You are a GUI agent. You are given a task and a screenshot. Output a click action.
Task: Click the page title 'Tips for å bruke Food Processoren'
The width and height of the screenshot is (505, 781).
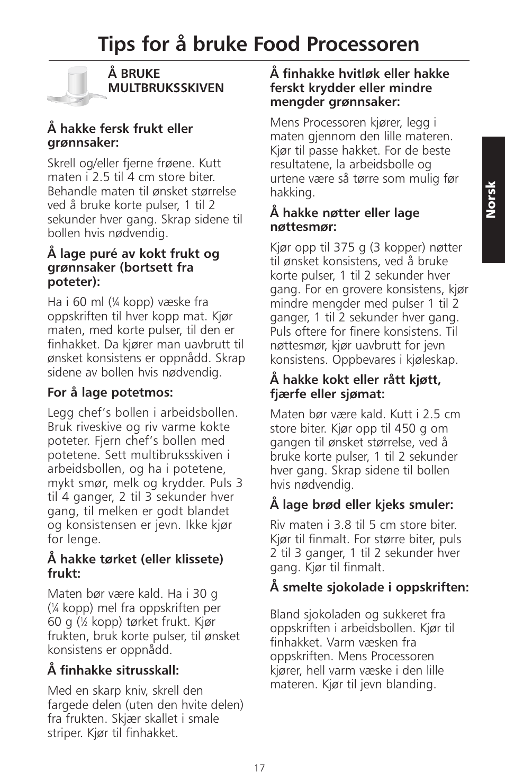click(x=258, y=44)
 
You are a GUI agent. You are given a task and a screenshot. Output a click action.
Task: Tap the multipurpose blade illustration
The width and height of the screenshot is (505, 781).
click(x=75, y=85)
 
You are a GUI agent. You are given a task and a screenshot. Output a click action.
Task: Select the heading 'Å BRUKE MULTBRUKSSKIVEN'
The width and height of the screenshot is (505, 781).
click(x=166, y=80)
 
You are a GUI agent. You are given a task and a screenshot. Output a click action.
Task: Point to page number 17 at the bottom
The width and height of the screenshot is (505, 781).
click(x=259, y=768)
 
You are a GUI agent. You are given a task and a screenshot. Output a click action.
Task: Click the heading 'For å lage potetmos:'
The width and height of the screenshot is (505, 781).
click(x=111, y=392)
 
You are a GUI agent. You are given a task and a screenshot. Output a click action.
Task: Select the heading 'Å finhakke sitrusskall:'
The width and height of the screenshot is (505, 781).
click(x=113, y=670)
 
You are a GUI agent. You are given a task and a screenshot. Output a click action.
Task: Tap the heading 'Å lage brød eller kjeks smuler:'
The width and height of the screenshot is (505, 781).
click(x=362, y=505)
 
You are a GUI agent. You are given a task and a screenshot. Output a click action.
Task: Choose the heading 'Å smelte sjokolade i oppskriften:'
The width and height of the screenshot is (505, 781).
click(x=369, y=587)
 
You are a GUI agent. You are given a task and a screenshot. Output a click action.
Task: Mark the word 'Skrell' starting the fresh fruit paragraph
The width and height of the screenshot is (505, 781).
click(x=62, y=163)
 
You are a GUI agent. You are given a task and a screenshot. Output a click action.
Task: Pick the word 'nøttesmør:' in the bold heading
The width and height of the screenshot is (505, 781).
click(x=303, y=227)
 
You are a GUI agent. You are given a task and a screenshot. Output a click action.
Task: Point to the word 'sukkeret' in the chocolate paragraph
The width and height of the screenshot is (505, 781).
click(x=400, y=614)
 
